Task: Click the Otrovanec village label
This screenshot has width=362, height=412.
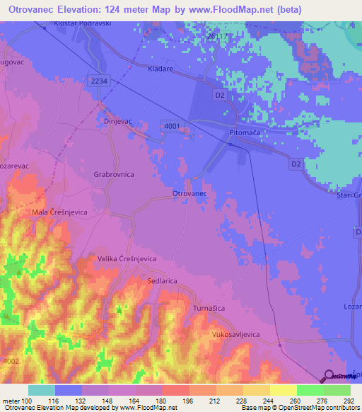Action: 189,193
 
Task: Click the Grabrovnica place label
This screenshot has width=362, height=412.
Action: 115,173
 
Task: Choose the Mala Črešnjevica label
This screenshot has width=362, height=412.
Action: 59,212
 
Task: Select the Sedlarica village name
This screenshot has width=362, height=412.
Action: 162,281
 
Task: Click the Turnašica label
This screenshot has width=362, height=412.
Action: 210,309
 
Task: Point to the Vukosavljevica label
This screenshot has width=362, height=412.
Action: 242,333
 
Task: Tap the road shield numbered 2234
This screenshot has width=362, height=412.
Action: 100,81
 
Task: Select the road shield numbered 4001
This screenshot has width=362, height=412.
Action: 171,125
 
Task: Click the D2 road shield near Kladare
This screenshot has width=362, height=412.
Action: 219,94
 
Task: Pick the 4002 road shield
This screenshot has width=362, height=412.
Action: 10,360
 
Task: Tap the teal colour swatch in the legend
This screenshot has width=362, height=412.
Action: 42,390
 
